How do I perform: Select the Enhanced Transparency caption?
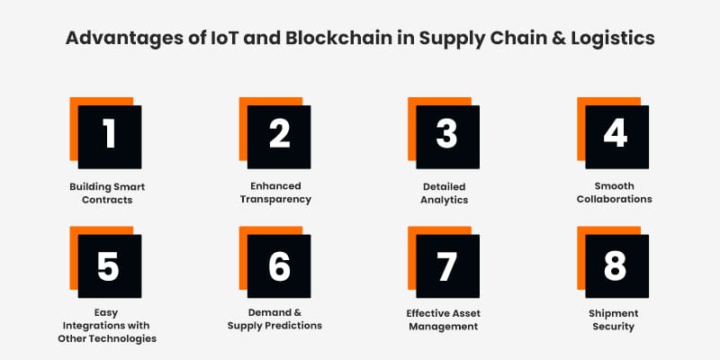274,193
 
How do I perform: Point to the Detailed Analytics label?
443,193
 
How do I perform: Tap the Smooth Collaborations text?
615,193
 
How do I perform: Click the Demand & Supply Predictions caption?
274,319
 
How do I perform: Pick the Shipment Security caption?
615,320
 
